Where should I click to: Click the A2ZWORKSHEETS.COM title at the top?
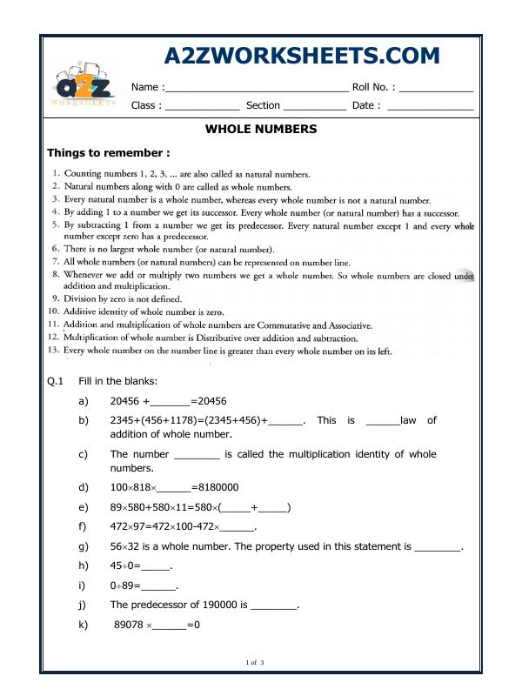[x=302, y=57]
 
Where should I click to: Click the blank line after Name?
[x=256, y=88]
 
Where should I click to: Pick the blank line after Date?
[x=430, y=106]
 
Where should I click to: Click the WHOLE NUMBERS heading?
[x=260, y=129]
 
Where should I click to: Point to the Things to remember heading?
[x=102, y=152]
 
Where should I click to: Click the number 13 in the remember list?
[x=52, y=351]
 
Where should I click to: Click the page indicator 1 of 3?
[x=255, y=664]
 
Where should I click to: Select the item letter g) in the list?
[x=84, y=547]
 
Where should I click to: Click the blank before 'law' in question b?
[x=382, y=421]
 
